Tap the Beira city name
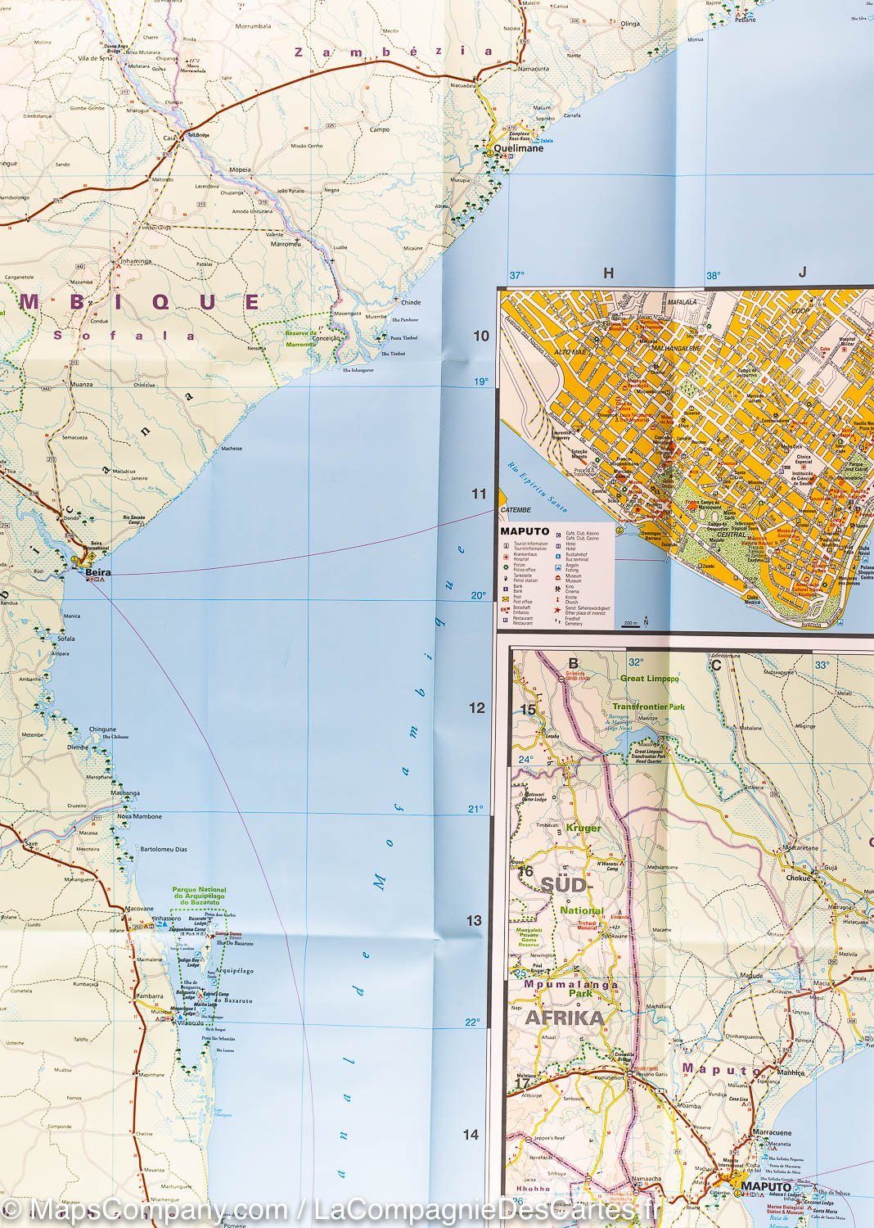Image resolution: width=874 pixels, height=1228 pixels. tap(101, 565)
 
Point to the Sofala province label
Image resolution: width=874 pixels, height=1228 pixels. tap(124, 335)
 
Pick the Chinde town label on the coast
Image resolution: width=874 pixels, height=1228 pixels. tap(411, 302)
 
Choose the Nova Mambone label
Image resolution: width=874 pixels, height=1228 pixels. tap(140, 816)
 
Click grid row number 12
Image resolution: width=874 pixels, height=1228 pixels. tap(477, 708)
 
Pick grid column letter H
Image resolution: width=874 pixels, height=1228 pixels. tap(608, 274)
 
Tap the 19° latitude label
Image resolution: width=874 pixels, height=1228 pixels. tap(480, 381)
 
